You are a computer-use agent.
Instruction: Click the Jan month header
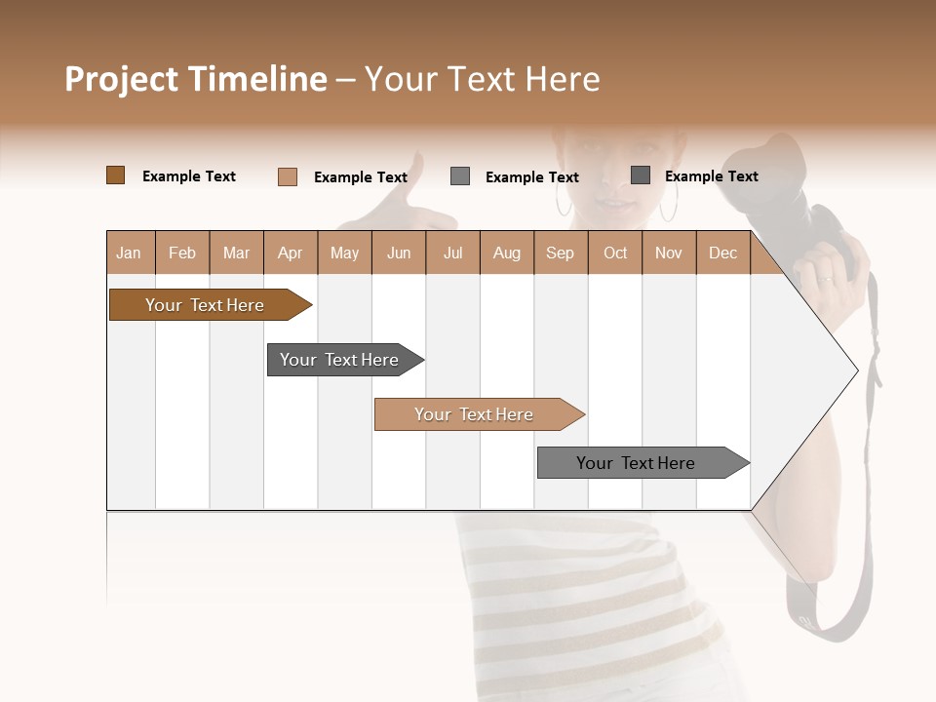pyautogui.click(x=129, y=253)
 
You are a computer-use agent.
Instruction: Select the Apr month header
pyautogui.click(x=290, y=253)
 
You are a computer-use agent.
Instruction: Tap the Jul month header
pyautogui.click(x=452, y=253)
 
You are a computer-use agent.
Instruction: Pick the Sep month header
pyautogui.click(x=560, y=253)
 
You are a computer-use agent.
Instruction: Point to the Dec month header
pyautogui.click(x=722, y=253)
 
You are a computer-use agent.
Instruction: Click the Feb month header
pyautogui.click(x=182, y=253)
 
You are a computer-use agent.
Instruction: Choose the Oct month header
pyautogui.click(x=615, y=253)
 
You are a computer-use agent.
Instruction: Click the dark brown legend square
pyautogui.click(x=115, y=175)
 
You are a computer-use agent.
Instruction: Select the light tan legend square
pyautogui.click(x=288, y=176)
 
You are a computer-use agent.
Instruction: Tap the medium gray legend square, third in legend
pyautogui.click(x=460, y=176)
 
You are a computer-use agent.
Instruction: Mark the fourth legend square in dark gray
pyautogui.click(x=641, y=175)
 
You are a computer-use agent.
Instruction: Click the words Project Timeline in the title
pyautogui.click(x=195, y=79)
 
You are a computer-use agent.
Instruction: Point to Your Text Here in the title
pyautogui.click(x=482, y=79)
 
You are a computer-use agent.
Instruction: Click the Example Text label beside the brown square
pyautogui.click(x=189, y=176)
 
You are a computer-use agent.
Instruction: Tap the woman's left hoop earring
pyautogui.click(x=565, y=201)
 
